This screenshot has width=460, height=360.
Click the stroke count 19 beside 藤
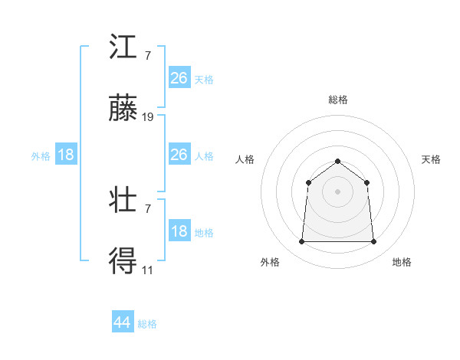click(x=148, y=117)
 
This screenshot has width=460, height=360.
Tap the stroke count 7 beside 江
click(x=147, y=55)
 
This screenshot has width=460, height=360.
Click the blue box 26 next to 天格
click(x=179, y=78)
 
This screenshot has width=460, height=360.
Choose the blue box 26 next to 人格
click(x=179, y=155)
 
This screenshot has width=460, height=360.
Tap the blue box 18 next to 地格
click(x=179, y=231)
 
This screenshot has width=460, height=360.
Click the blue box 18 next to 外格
click(x=66, y=155)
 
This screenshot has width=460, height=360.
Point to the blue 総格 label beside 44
click(x=147, y=324)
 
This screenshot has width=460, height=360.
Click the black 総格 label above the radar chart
click(x=338, y=100)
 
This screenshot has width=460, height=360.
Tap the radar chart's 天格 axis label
click(x=432, y=159)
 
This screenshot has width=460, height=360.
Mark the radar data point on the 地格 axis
click(x=374, y=242)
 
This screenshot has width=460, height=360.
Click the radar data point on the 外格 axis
click(x=301, y=242)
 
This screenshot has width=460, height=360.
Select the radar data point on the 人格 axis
click(x=308, y=182)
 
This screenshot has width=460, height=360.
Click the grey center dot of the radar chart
click(x=338, y=191)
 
